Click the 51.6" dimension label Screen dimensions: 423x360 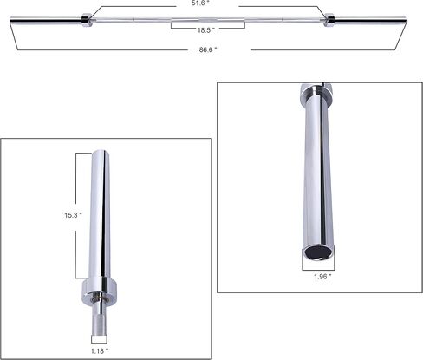coord(200,3)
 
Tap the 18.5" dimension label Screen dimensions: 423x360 coord(206,30)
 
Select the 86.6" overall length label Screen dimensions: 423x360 coord(208,49)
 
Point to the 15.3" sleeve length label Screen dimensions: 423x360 coord(73,215)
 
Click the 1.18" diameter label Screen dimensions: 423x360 coord(100,351)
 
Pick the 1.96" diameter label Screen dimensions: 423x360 coord(322,277)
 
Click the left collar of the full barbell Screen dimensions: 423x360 coord(86,20)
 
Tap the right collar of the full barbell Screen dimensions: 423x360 coord(329,20)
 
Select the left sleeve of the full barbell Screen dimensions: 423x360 coord(46,20)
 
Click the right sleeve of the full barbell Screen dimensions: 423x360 coord(370,20)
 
